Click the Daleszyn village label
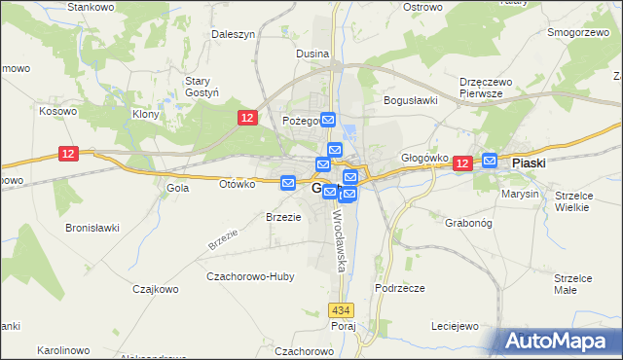[x=234, y=34]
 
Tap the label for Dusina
[x=312, y=54]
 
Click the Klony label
[x=145, y=114]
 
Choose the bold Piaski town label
[x=534, y=164]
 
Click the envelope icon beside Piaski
[x=490, y=161]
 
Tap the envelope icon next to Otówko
[x=288, y=182]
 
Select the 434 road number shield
[x=340, y=309]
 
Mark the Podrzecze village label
[x=400, y=289]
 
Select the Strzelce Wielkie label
[x=573, y=201]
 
